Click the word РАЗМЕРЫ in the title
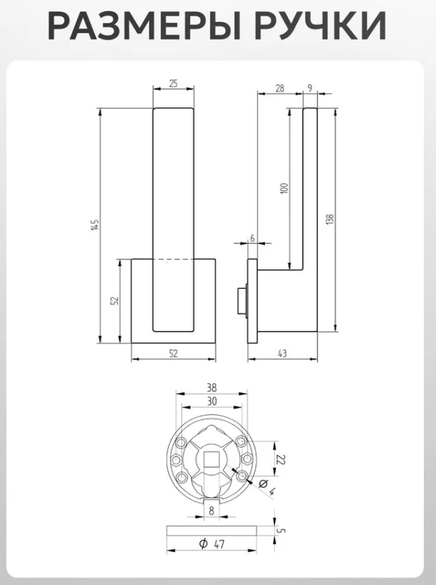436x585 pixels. coord(144,26)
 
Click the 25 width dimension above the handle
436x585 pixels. coord(173,83)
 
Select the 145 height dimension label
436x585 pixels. coord(95,225)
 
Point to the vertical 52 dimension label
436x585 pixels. coord(114,301)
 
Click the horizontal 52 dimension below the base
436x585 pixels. coord(173,353)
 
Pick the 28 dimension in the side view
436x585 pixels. coord(280,88)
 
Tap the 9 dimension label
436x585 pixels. coord(310,88)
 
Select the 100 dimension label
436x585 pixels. coord(284,188)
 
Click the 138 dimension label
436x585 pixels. coord(330,219)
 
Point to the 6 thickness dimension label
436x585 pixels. coord(253,238)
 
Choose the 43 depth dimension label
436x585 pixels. coord(282,353)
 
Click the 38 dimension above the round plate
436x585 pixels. coord(211,388)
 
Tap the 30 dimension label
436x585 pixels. coord(211,402)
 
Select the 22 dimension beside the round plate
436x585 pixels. coord(281,459)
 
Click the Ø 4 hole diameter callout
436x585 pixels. coord(267,487)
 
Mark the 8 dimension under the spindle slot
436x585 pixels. coord(211,511)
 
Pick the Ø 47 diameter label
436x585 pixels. coord(212,544)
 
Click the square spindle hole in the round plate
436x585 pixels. coord(211,459)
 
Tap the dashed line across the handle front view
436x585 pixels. coord(173,259)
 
